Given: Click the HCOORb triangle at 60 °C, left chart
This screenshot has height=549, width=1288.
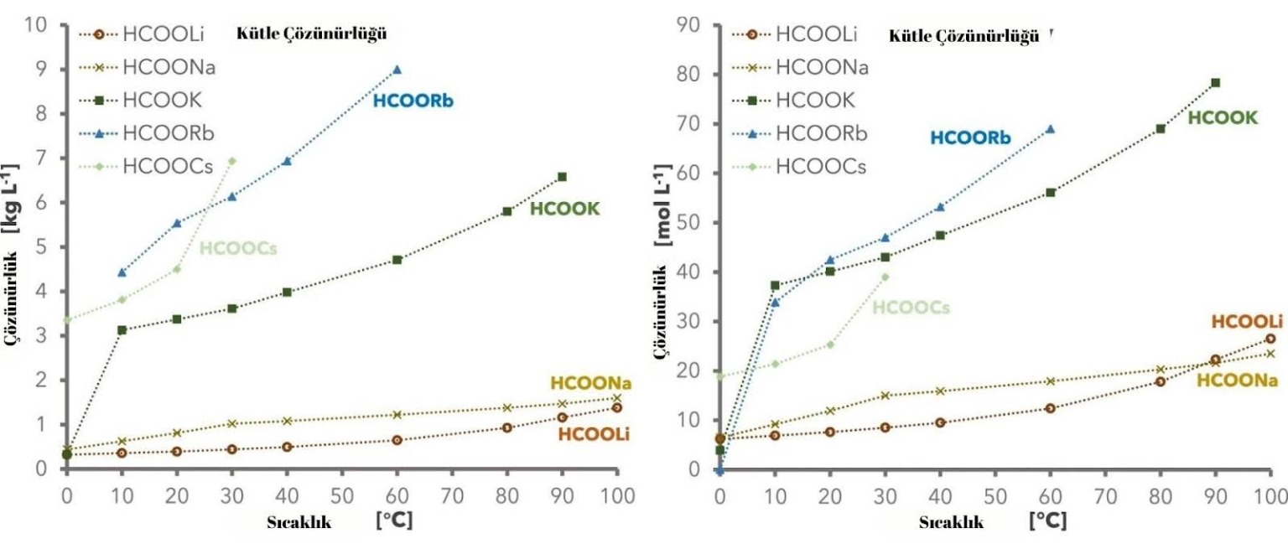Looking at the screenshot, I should click(x=397, y=70).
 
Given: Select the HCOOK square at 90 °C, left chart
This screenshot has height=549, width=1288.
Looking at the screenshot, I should click(x=562, y=177).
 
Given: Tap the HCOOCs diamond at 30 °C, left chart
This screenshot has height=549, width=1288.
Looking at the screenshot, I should click(x=231, y=161).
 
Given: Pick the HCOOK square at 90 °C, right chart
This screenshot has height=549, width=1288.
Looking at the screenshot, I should click(x=1215, y=83).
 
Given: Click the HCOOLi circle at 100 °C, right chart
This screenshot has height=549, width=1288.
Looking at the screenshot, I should click(x=1270, y=339).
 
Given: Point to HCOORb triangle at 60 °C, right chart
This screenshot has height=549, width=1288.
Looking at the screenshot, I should click(x=1050, y=129).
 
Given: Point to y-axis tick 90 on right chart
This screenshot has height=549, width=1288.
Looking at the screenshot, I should click(x=690, y=25).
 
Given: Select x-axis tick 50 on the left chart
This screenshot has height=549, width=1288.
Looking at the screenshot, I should click(x=341, y=493).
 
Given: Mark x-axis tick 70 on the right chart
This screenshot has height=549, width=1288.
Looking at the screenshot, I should click(x=1105, y=493).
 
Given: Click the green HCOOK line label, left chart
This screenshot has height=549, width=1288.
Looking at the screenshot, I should click(x=564, y=210).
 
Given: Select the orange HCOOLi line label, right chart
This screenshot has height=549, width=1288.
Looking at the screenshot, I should click(x=1247, y=322).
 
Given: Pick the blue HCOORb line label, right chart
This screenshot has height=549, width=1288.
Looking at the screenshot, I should click(x=970, y=138).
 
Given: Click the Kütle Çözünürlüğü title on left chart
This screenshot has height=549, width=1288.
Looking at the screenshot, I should click(x=313, y=34).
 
